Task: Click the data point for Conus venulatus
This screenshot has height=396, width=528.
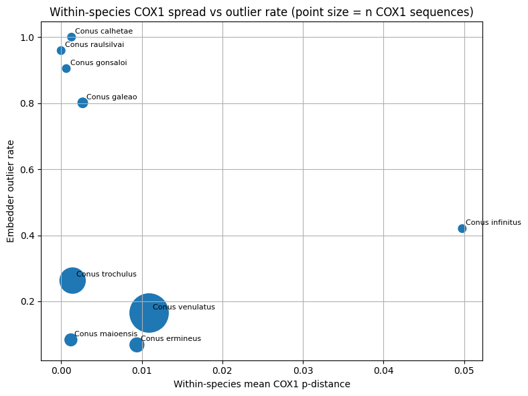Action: coord(149,313)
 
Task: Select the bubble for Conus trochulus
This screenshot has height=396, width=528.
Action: coord(72,281)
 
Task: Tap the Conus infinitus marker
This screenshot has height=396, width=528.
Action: coord(462,228)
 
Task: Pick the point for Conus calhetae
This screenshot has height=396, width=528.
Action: coord(72,37)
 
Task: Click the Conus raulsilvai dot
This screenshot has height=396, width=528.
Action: coord(61,50)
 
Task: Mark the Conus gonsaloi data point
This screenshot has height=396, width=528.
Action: coord(66,68)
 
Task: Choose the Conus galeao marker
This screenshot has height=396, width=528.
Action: coord(82,103)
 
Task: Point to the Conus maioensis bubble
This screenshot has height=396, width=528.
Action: coord(71,340)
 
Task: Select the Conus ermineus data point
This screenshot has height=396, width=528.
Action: coord(137,345)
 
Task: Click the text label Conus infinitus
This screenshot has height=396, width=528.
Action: coord(492,223)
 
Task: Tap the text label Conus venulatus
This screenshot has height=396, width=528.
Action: coord(184,307)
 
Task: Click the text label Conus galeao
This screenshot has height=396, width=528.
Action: coord(111,97)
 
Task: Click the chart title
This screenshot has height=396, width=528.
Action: coord(261,12)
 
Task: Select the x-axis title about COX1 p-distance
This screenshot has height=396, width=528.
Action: coord(261,384)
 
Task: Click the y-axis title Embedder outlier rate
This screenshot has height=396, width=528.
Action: coord(11,191)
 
